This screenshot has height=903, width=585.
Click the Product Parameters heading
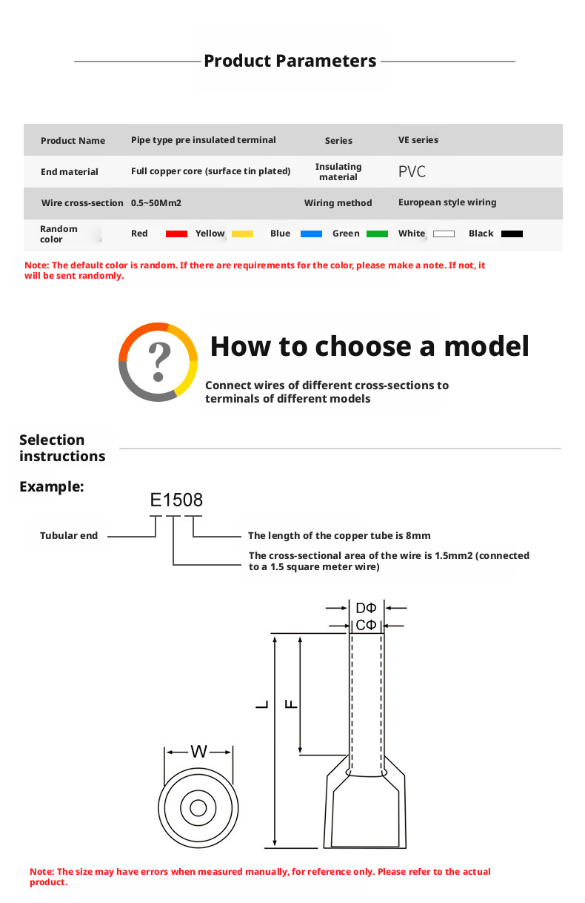(x=290, y=61)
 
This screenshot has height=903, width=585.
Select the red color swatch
(x=176, y=234)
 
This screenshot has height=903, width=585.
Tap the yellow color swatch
(x=242, y=234)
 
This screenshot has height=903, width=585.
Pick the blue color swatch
(x=311, y=234)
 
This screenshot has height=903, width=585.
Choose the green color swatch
(x=377, y=234)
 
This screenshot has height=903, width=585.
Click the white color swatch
(x=444, y=234)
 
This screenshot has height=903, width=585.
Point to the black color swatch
(x=512, y=234)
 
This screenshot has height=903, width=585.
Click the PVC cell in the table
(x=412, y=172)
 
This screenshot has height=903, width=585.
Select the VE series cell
(x=418, y=140)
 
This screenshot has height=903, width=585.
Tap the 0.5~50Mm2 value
(x=156, y=202)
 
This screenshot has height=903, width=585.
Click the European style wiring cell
(x=447, y=202)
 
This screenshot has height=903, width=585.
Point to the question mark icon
(x=158, y=362)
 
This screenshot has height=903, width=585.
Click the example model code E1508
(x=176, y=500)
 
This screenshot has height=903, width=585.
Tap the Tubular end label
(x=69, y=535)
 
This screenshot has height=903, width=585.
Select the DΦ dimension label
(x=366, y=609)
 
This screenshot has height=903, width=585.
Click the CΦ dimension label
(x=366, y=625)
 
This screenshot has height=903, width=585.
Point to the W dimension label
(x=198, y=752)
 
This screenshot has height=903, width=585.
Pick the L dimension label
(x=262, y=704)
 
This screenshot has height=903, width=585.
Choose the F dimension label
(x=291, y=704)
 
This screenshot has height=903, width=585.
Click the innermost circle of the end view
(x=198, y=808)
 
